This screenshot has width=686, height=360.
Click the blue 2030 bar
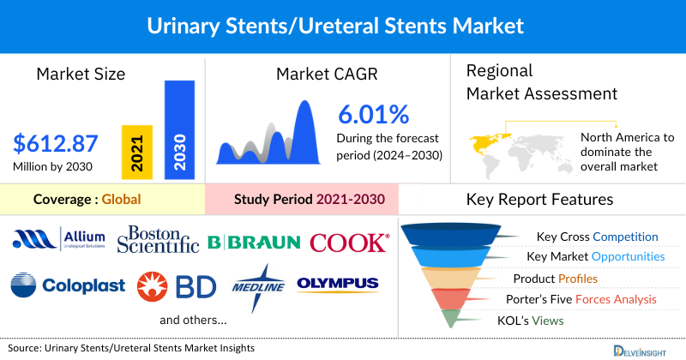(x=178, y=129)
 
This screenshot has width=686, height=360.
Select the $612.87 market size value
(x=56, y=144)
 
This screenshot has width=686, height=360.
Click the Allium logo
(x=59, y=241)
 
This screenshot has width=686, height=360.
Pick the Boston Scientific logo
(x=158, y=240)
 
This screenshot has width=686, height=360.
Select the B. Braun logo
(x=254, y=243)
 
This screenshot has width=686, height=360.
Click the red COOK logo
(x=349, y=243)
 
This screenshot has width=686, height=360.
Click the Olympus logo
(x=337, y=284)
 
